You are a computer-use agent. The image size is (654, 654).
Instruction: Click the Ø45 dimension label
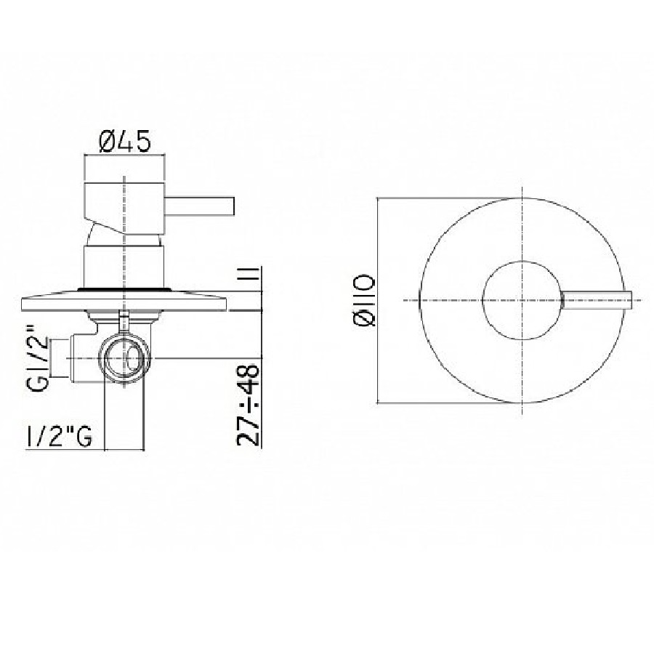click(125, 142)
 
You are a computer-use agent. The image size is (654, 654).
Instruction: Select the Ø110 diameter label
click(364, 300)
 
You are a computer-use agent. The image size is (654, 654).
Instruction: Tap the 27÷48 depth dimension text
click(249, 405)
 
